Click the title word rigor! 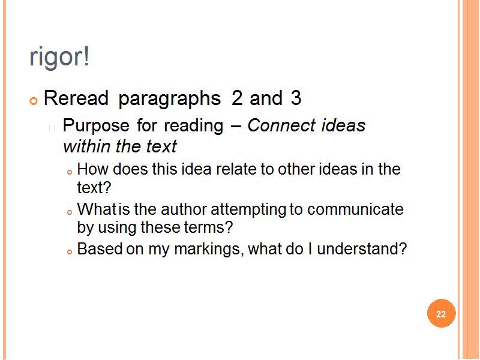[59, 57]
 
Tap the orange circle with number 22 [441, 313]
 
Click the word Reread [76, 98]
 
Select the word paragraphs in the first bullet [170, 99]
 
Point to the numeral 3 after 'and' [296, 98]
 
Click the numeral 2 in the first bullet [237, 98]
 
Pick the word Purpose [96, 126]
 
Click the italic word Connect [281, 125]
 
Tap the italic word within [86, 146]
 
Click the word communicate [355, 209]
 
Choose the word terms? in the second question [208, 227]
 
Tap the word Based [100, 248]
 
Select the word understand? [362, 248]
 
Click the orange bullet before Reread [34, 101]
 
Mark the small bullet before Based [70, 251]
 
